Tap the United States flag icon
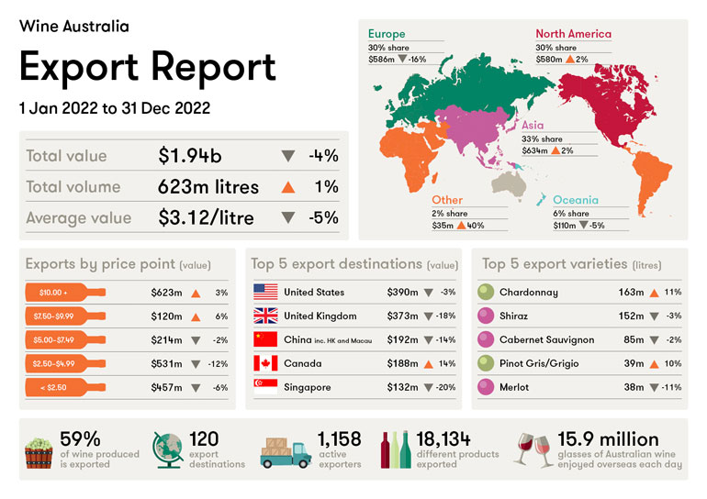click(x=265, y=293)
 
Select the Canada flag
click(x=265, y=363)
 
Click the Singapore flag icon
click(x=265, y=387)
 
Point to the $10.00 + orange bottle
click(x=64, y=293)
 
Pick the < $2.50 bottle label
click(x=64, y=387)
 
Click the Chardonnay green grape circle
click(x=487, y=293)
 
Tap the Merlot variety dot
click(x=487, y=387)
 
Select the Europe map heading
click(x=387, y=34)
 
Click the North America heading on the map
click(x=573, y=34)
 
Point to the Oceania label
click(x=576, y=200)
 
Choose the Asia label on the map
click(x=533, y=126)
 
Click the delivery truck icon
click(x=286, y=452)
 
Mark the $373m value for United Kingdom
click(x=402, y=316)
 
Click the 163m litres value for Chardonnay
click(x=631, y=293)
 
